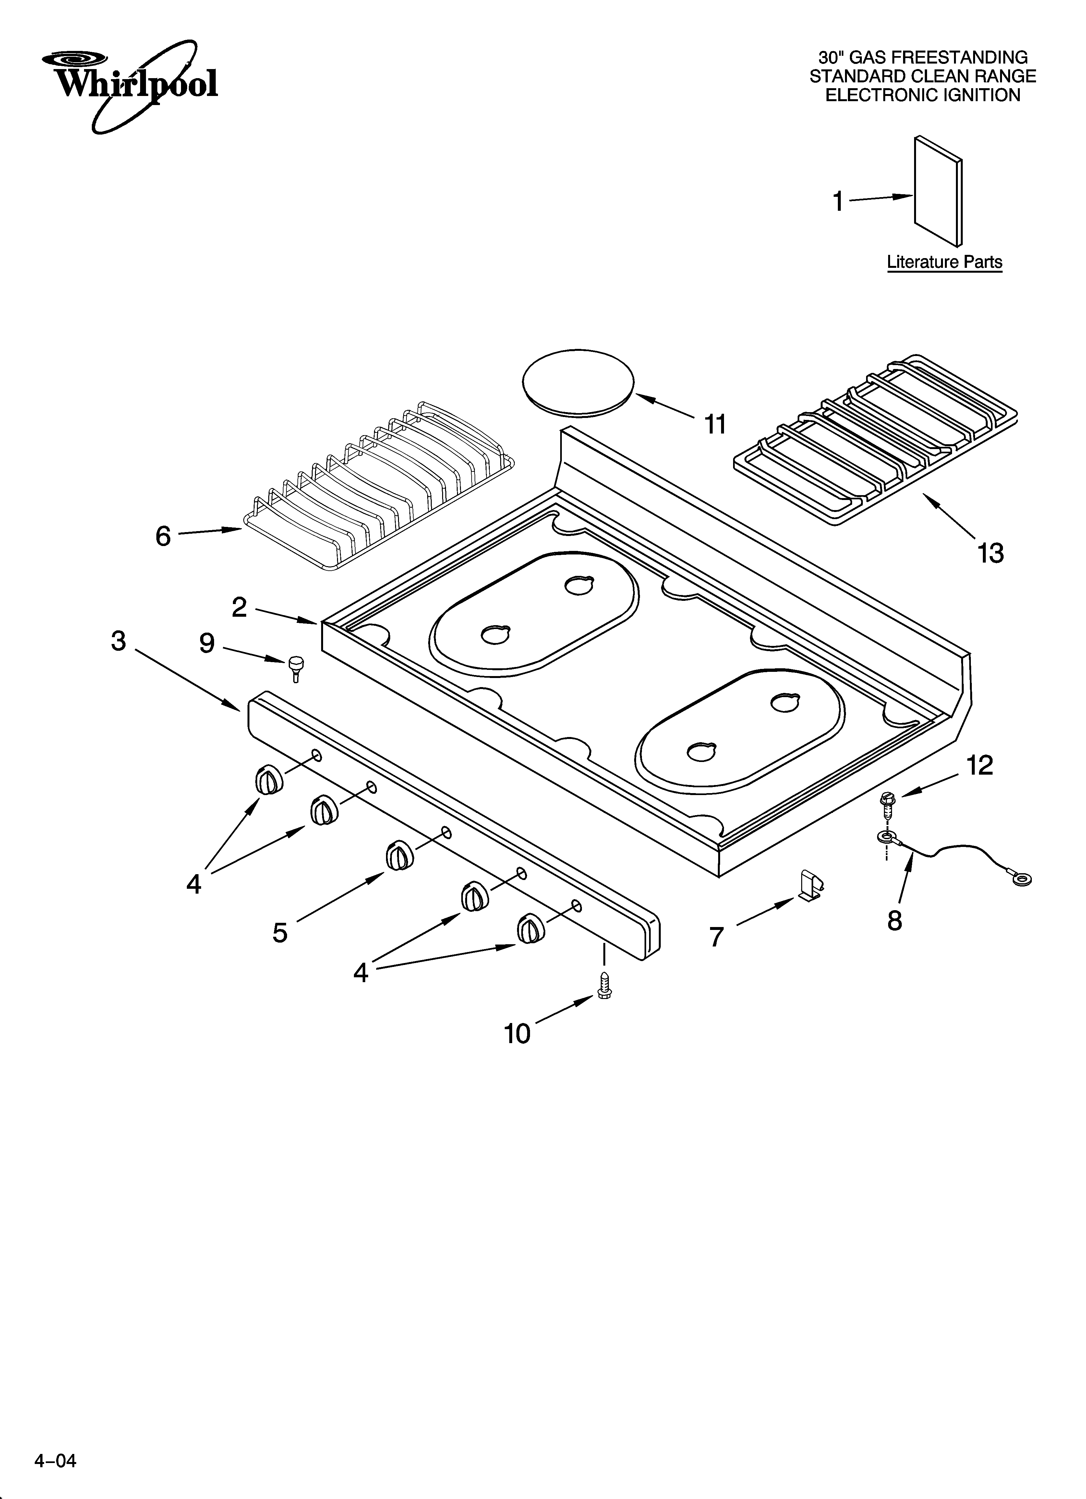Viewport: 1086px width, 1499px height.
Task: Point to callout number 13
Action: pyautogui.click(x=990, y=553)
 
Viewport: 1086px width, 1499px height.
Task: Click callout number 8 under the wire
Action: pyautogui.click(x=894, y=921)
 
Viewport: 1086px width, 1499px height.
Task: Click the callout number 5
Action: pyautogui.click(x=280, y=933)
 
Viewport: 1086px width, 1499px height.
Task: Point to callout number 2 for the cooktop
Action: pyautogui.click(x=239, y=607)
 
